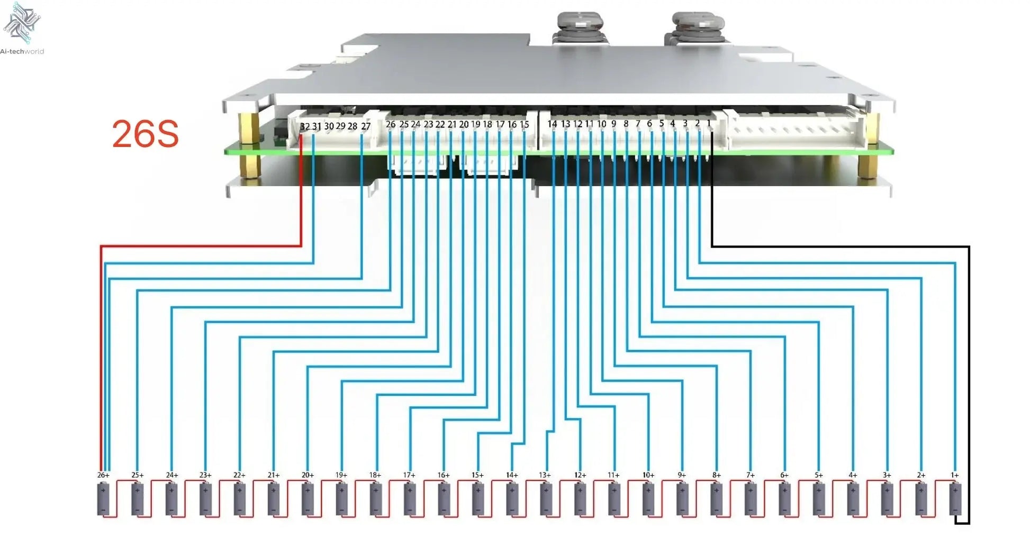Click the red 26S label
coord(146,134)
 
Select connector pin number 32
coord(304,127)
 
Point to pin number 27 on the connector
coord(366,127)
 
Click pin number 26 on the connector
coord(391,125)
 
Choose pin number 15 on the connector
coord(524,125)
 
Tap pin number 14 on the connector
coord(552,124)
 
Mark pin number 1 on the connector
coord(709,124)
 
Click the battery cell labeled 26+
coord(103,499)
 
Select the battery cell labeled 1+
coord(955,499)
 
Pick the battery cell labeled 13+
coord(546,499)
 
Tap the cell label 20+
coord(308,475)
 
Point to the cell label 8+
coord(716,475)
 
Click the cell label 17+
coord(409,475)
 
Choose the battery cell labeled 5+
coord(819,499)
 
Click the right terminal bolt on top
coord(697,26)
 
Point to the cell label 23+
coord(205,475)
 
